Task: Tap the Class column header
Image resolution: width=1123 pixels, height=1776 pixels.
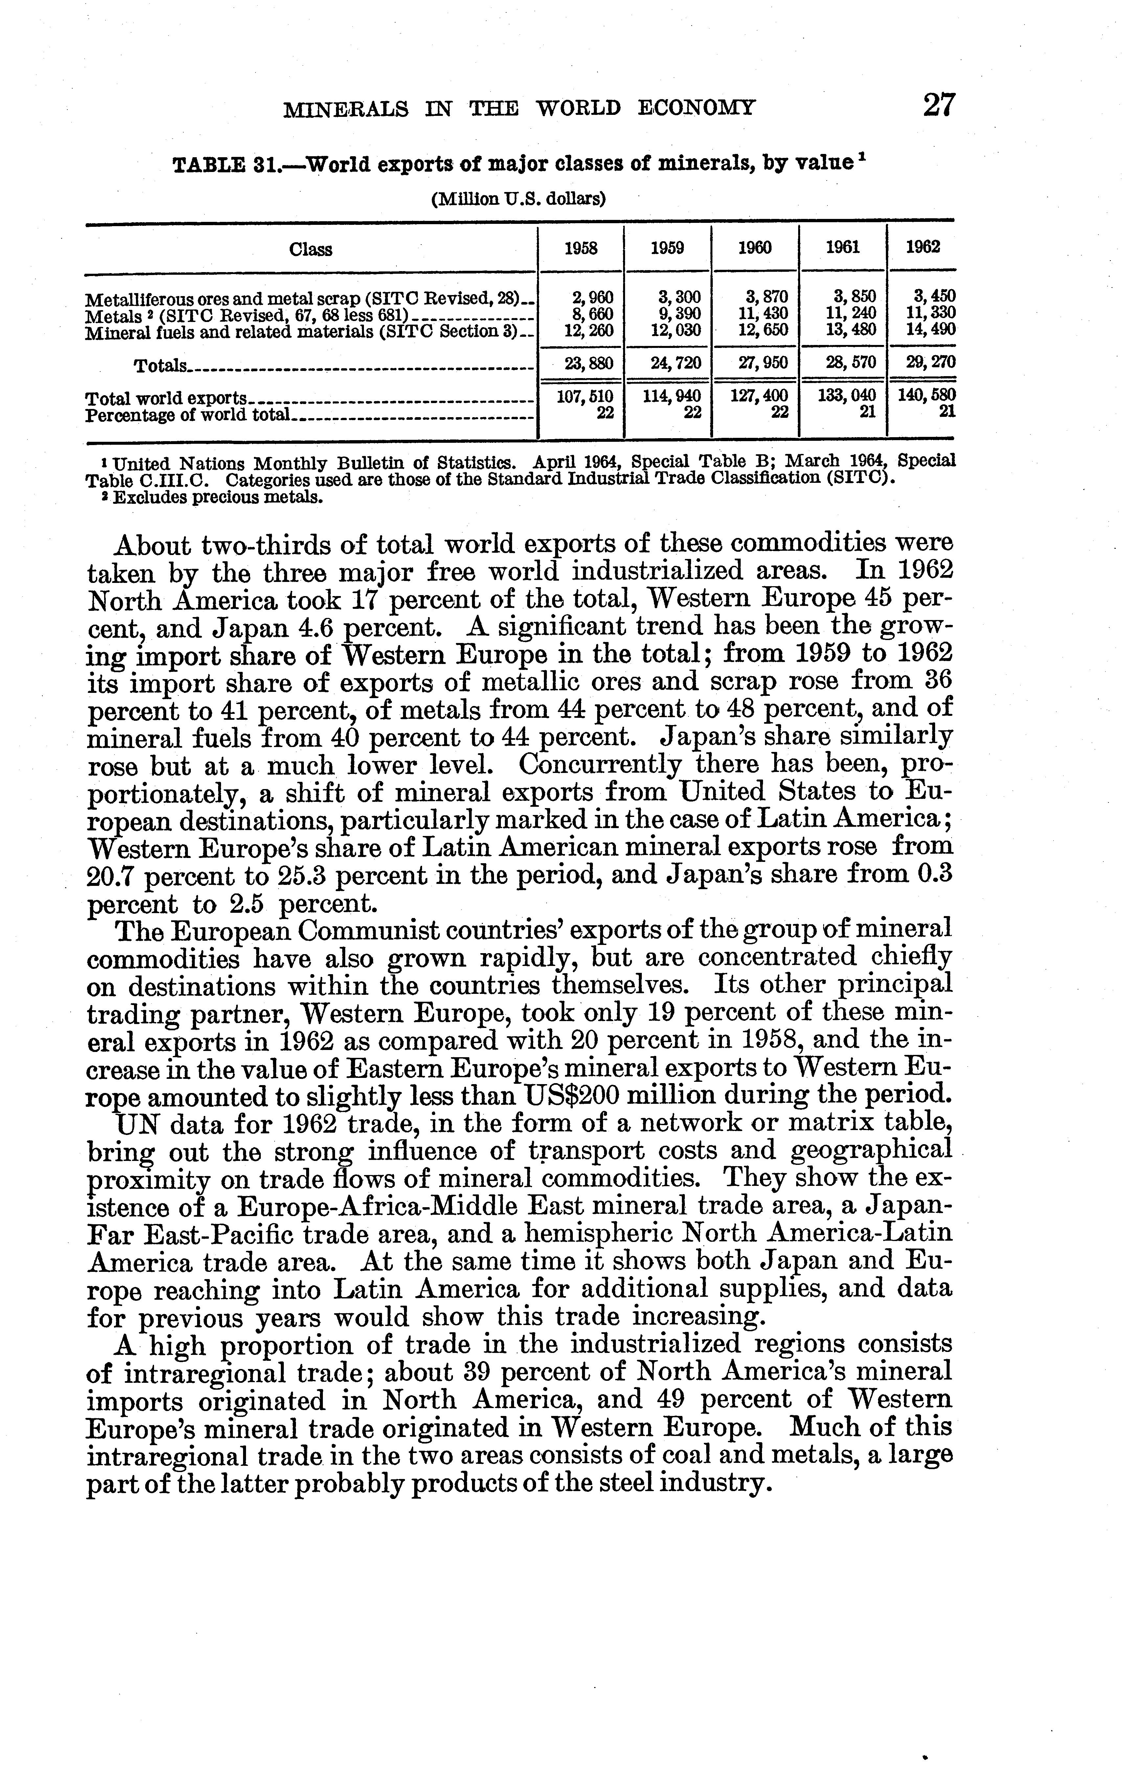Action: pos(311,249)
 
